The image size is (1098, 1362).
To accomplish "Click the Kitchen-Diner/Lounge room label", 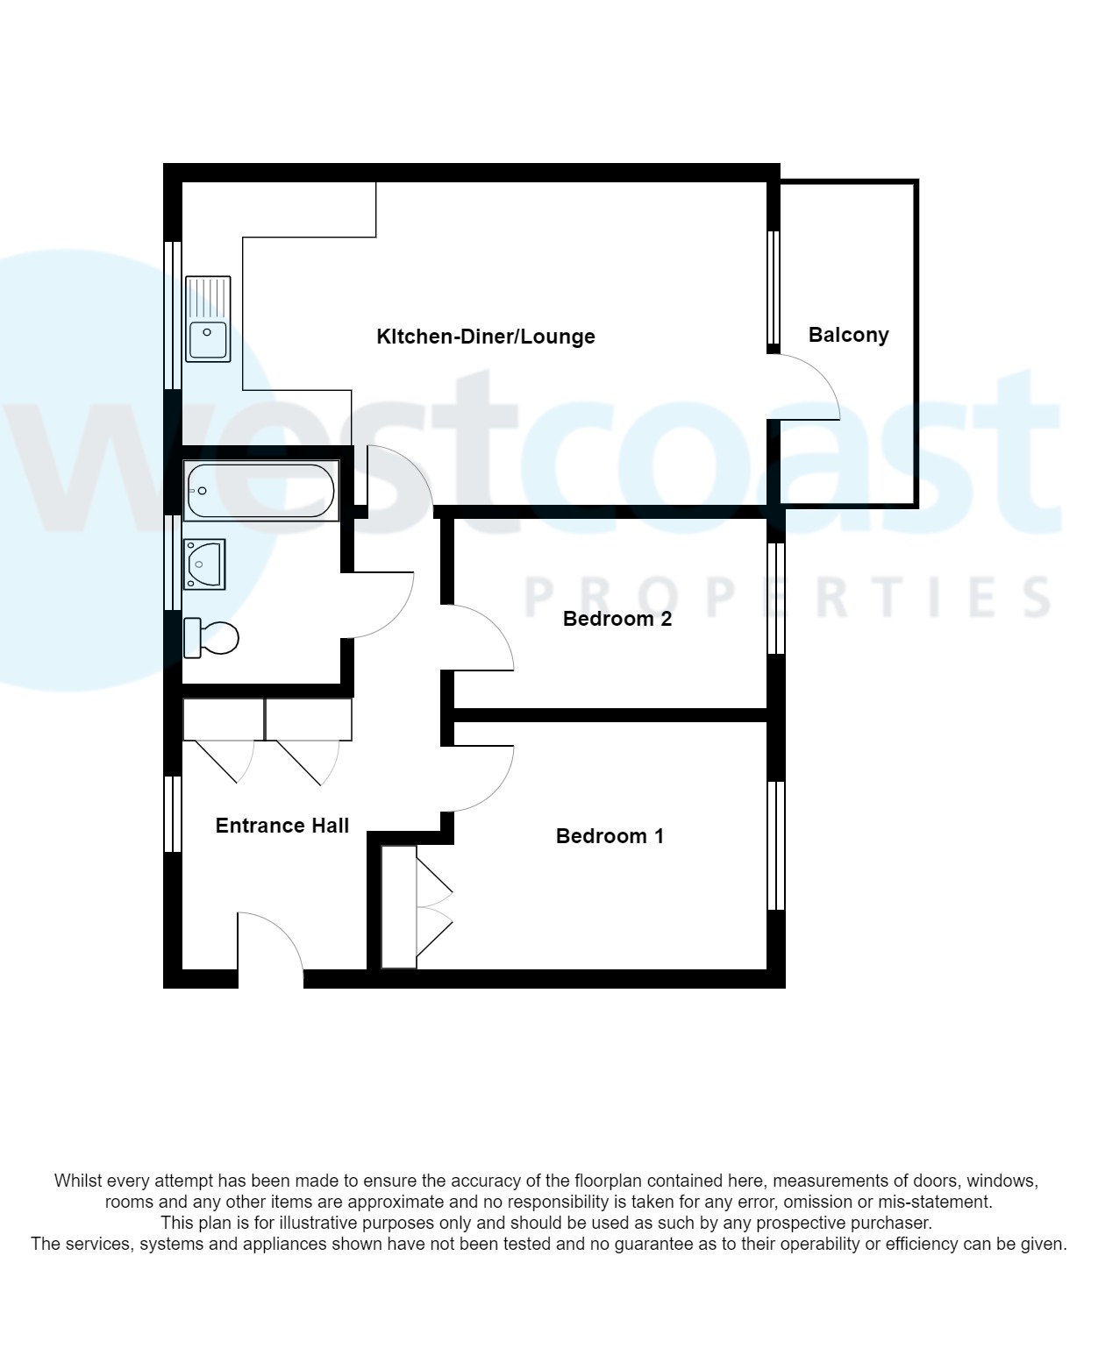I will [x=485, y=337].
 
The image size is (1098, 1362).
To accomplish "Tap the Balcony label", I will [x=848, y=335].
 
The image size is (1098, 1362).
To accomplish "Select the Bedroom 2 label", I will [x=617, y=619].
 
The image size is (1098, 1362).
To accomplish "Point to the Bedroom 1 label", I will [x=610, y=836].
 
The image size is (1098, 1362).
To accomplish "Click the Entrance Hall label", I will [x=282, y=826].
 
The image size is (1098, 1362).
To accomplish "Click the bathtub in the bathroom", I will [x=260, y=492].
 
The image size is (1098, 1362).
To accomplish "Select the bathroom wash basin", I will [x=204, y=564].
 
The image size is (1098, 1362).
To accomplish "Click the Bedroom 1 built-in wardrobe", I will [x=399, y=907].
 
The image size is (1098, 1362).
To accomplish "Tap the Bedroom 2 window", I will [x=776, y=599].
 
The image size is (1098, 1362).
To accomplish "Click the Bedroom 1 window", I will [x=776, y=846].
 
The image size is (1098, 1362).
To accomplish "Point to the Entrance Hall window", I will [x=173, y=814].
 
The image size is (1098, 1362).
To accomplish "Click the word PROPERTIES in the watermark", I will [x=787, y=598].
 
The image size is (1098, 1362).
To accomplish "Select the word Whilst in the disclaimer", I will [x=77, y=1181].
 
